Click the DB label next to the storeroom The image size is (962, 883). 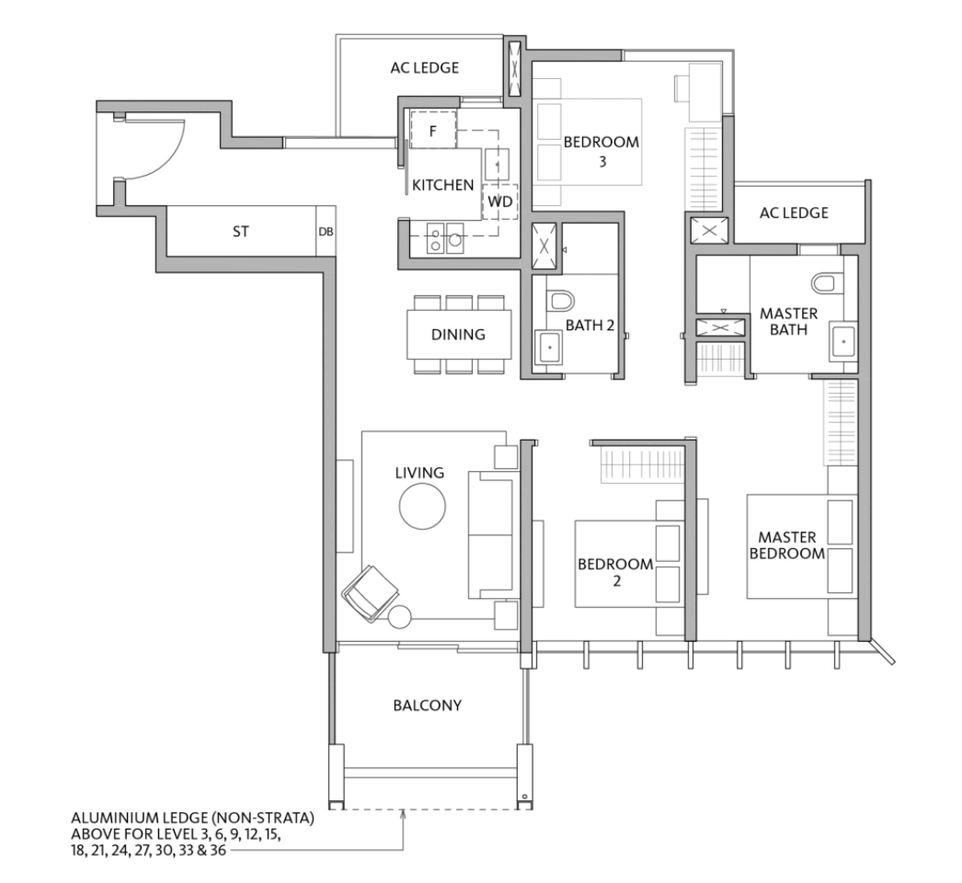[x=326, y=232]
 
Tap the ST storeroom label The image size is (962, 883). [x=241, y=232]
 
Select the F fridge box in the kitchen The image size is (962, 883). [x=433, y=130]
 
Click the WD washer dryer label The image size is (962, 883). [x=500, y=201]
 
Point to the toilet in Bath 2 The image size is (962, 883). [x=561, y=300]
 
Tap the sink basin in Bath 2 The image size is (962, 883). [x=549, y=348]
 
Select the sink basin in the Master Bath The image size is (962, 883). [x=843, y=341]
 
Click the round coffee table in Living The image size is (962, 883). [x=422, y=506]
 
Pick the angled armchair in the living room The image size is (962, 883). [x=370, y=593]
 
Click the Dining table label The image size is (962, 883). [x=458, y=335]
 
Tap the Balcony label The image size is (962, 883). [x=428, y=705]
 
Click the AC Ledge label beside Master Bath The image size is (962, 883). [x=794, y=212]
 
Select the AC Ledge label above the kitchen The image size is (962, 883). [x=425, y=67]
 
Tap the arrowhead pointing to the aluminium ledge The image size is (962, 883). [x=403, y=815]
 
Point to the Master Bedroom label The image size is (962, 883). [x=787, y=545]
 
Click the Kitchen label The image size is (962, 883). [x=443, y=185]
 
